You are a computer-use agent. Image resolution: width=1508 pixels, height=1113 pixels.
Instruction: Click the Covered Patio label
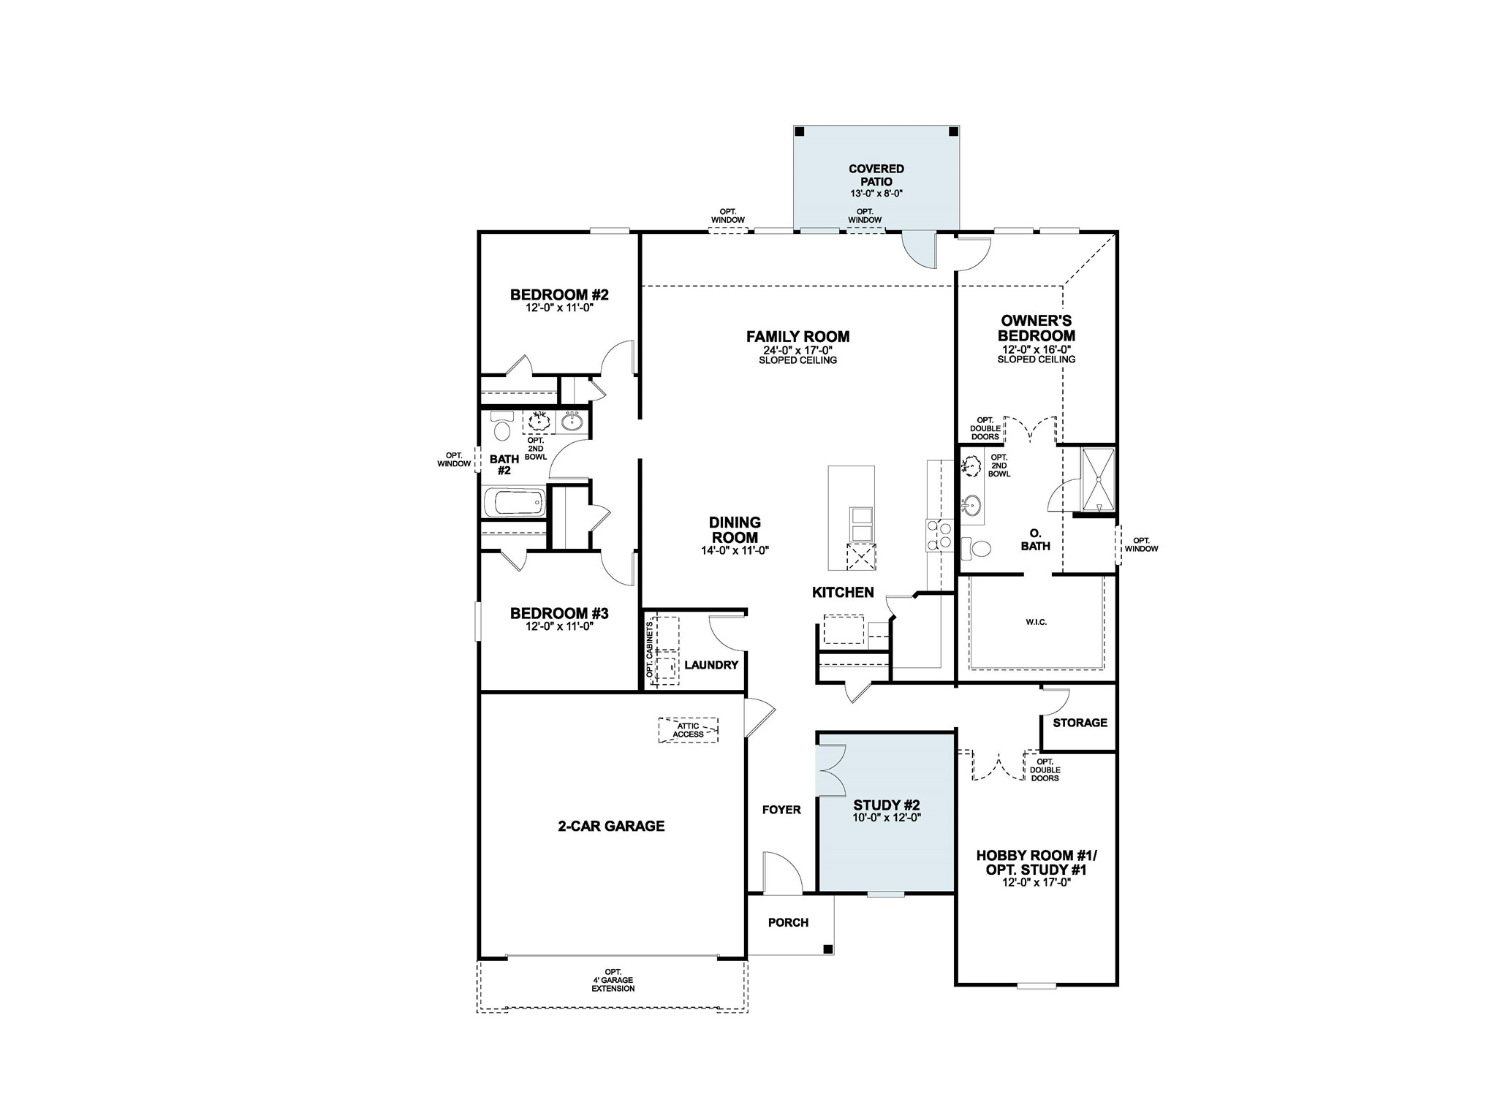click(876, 175)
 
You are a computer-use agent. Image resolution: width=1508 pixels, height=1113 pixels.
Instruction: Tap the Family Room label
click(797, 337)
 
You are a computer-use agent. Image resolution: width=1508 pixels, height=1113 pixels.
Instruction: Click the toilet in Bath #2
click(501, 429)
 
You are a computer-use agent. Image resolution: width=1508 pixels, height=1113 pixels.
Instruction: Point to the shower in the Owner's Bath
click(1098, 479)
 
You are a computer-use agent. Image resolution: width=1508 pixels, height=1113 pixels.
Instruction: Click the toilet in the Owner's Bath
click(977, 547)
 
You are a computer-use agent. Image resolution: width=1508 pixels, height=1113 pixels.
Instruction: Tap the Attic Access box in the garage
click(688, 730)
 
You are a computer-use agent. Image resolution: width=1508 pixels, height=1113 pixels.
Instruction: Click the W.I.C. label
click(1036, 622)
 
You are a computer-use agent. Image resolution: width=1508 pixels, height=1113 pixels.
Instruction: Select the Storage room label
click(1080, 723)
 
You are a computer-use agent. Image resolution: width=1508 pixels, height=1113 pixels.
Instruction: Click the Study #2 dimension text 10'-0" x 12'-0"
click(886, 818)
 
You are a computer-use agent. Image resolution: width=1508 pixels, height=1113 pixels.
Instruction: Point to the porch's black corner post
click(827, 949)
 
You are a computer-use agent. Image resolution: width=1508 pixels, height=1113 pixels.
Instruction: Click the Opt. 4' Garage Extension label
click(613, 981)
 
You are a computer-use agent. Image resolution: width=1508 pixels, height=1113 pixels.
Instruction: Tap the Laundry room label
click(711, 665)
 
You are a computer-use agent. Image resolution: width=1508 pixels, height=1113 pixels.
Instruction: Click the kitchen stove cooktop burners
click(939, 535)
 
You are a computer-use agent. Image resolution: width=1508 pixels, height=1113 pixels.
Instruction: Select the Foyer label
click(781, 810)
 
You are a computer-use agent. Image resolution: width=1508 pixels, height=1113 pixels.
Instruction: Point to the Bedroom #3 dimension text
click(558, 626)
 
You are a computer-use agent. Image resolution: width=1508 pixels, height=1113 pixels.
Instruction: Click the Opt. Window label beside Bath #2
click(454, 460)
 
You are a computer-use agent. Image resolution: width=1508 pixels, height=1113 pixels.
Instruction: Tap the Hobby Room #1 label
click(1036, 855)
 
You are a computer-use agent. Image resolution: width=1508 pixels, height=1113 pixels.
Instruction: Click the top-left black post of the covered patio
click(800, 132)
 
